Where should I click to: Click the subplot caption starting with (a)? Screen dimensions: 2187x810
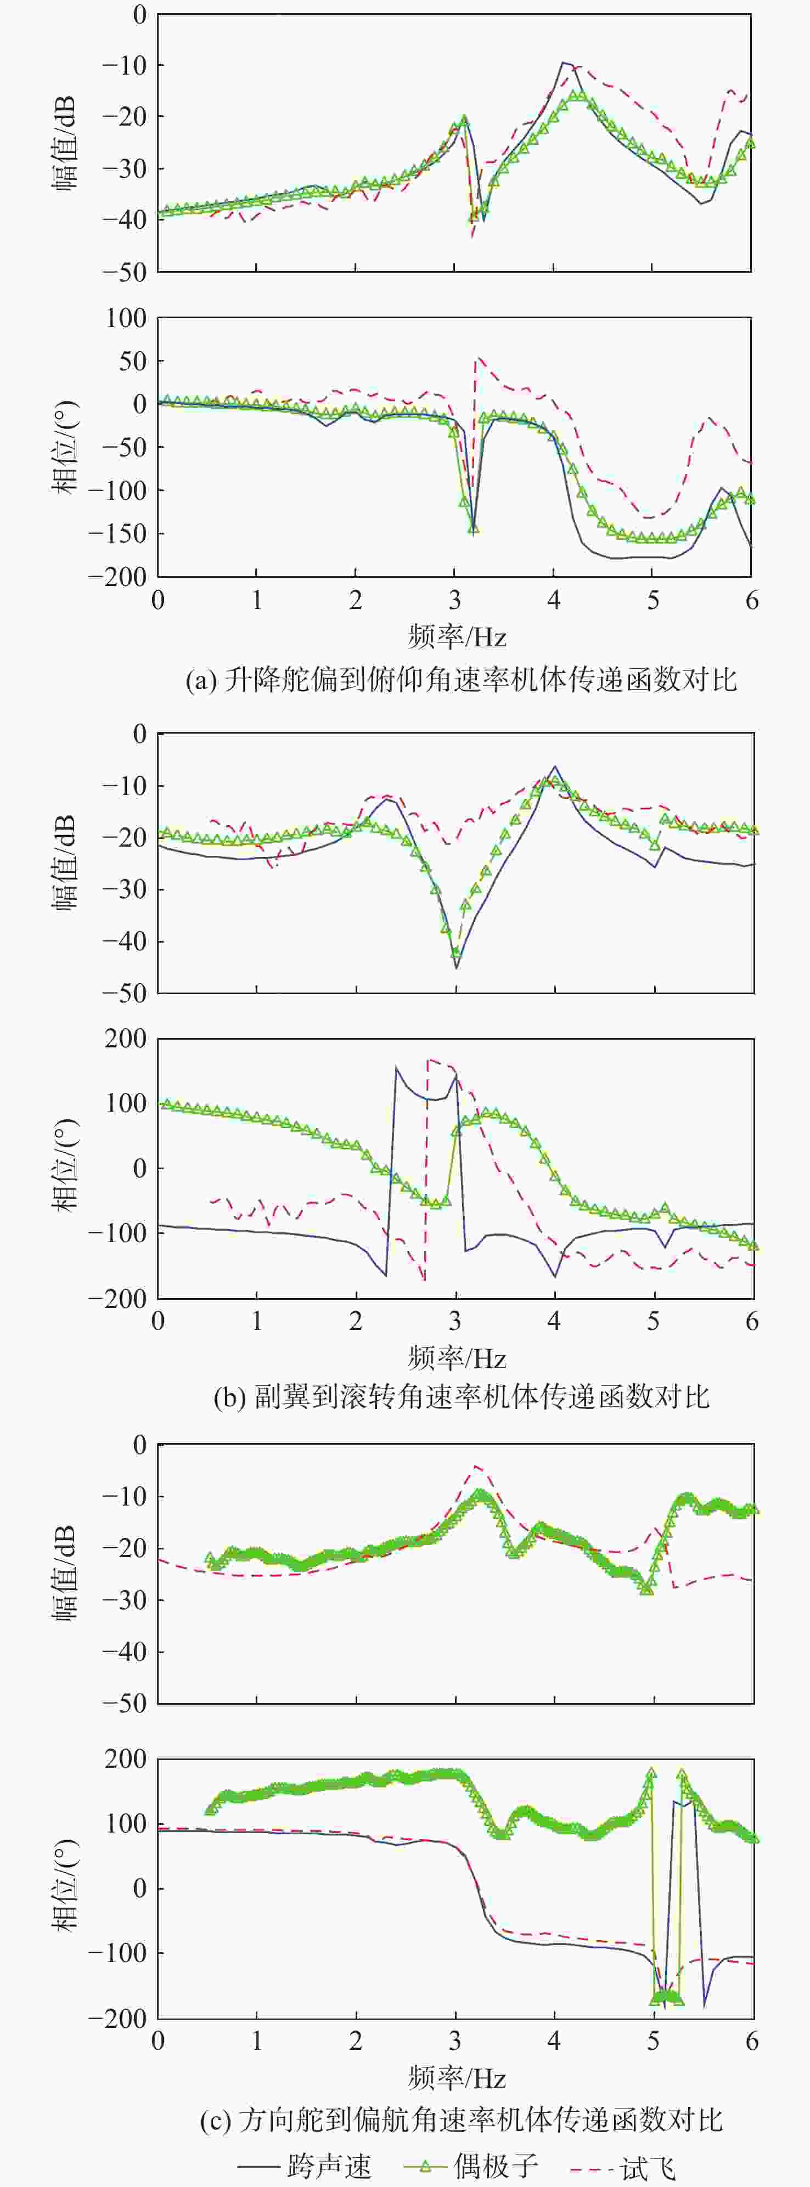pos(461,680)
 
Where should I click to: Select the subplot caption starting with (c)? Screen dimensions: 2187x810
pos(461,2120)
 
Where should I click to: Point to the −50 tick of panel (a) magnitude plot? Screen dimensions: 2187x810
pos(124,272)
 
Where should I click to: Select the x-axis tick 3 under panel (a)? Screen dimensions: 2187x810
pos(455,601)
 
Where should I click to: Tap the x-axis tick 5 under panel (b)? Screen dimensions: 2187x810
pos(653,1322)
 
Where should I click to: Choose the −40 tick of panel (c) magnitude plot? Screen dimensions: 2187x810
pos(124,1651)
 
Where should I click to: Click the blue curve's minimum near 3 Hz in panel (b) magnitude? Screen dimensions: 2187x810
pos(456,968)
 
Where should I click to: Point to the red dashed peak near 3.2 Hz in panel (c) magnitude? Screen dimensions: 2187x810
pos(477,1466)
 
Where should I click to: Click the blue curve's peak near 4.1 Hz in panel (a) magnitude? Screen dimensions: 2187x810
pos(562,62)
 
